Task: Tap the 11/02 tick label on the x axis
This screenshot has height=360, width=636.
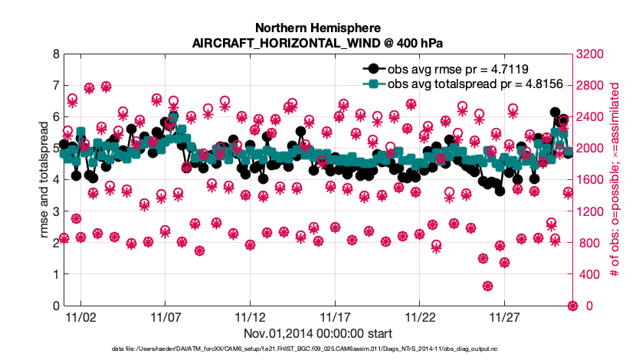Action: [x=80, y=316]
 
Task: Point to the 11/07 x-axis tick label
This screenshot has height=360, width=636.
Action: [x=165, y=316]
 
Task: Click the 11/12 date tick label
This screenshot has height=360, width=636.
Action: [x=250, y=316]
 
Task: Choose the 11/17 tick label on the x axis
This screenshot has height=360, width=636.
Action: [x=335, y=316]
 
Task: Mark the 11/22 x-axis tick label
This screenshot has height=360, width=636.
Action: [x=420, y=316]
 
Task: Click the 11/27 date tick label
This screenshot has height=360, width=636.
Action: [x=505, y=316]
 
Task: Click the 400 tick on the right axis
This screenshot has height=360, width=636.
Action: [x=586, y=274]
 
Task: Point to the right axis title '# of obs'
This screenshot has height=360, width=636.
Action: [x=614, y=180]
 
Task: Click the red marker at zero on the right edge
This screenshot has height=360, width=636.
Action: [x=572, y=306]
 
